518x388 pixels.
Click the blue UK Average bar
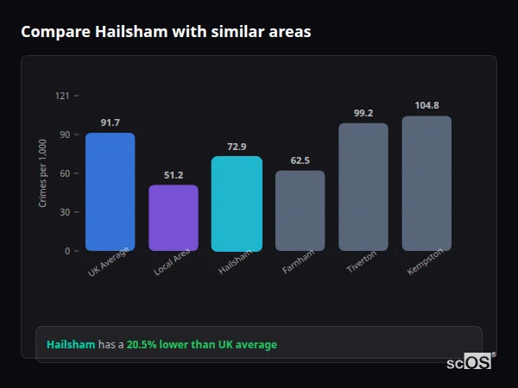click(x=110, y=191)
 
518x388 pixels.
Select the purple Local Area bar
click(x=174, y=217)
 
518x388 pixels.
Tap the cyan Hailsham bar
click(x=237, y=203)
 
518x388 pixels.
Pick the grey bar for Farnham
click(x=300, y=210)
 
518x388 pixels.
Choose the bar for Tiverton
click(x=363, y=187)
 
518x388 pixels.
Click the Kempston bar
click(x=426, y=184)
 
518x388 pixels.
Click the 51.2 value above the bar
click(x=174, y=175)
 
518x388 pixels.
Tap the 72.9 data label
click(x=237, y=147)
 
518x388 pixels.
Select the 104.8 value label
click(x=426, y=106)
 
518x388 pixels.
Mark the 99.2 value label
click(x=363, y=113)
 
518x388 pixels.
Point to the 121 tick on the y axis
click(x=62, y=96)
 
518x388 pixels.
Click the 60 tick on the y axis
click(x=64, y=173)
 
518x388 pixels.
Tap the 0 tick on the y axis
click(x=66, y=251)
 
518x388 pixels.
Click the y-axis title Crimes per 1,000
click(x=43, y=172)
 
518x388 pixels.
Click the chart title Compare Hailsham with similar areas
click(x=166, y=31)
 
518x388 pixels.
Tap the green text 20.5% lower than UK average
click(x=202, y=345)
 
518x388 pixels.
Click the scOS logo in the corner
click(x=470, y=362)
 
